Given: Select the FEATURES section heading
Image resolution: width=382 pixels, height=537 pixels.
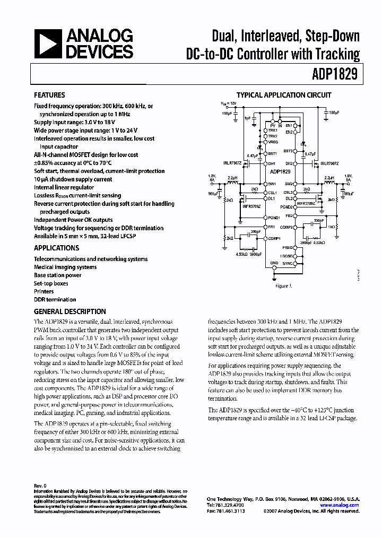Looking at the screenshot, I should coord(49,96).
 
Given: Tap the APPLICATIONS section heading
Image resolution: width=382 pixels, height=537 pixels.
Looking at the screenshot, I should coord(56,248).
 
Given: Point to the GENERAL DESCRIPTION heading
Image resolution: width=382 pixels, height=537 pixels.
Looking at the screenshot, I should coord(70,311).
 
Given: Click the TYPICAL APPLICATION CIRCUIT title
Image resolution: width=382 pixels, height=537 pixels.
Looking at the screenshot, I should coord(283,96).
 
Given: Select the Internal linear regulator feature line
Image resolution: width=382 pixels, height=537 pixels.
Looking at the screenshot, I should coord(66,187).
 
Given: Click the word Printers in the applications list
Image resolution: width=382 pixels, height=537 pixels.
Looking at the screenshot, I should coord(44,291).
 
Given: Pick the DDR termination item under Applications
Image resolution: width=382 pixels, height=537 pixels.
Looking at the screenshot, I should coord(55,299).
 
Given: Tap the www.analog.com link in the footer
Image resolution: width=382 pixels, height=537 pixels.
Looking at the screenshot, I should coord(343,505).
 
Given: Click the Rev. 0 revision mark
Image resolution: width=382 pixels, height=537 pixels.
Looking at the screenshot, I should coord(40,486).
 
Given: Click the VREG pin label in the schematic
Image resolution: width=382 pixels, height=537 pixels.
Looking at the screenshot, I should coord(273,142).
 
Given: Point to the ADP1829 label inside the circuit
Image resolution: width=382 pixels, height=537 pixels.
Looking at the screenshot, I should coord(280,172).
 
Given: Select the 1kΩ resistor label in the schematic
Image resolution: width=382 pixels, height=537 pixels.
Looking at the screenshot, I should coord(333,227).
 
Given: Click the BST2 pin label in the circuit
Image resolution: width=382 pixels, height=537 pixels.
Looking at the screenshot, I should coord(288,151).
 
